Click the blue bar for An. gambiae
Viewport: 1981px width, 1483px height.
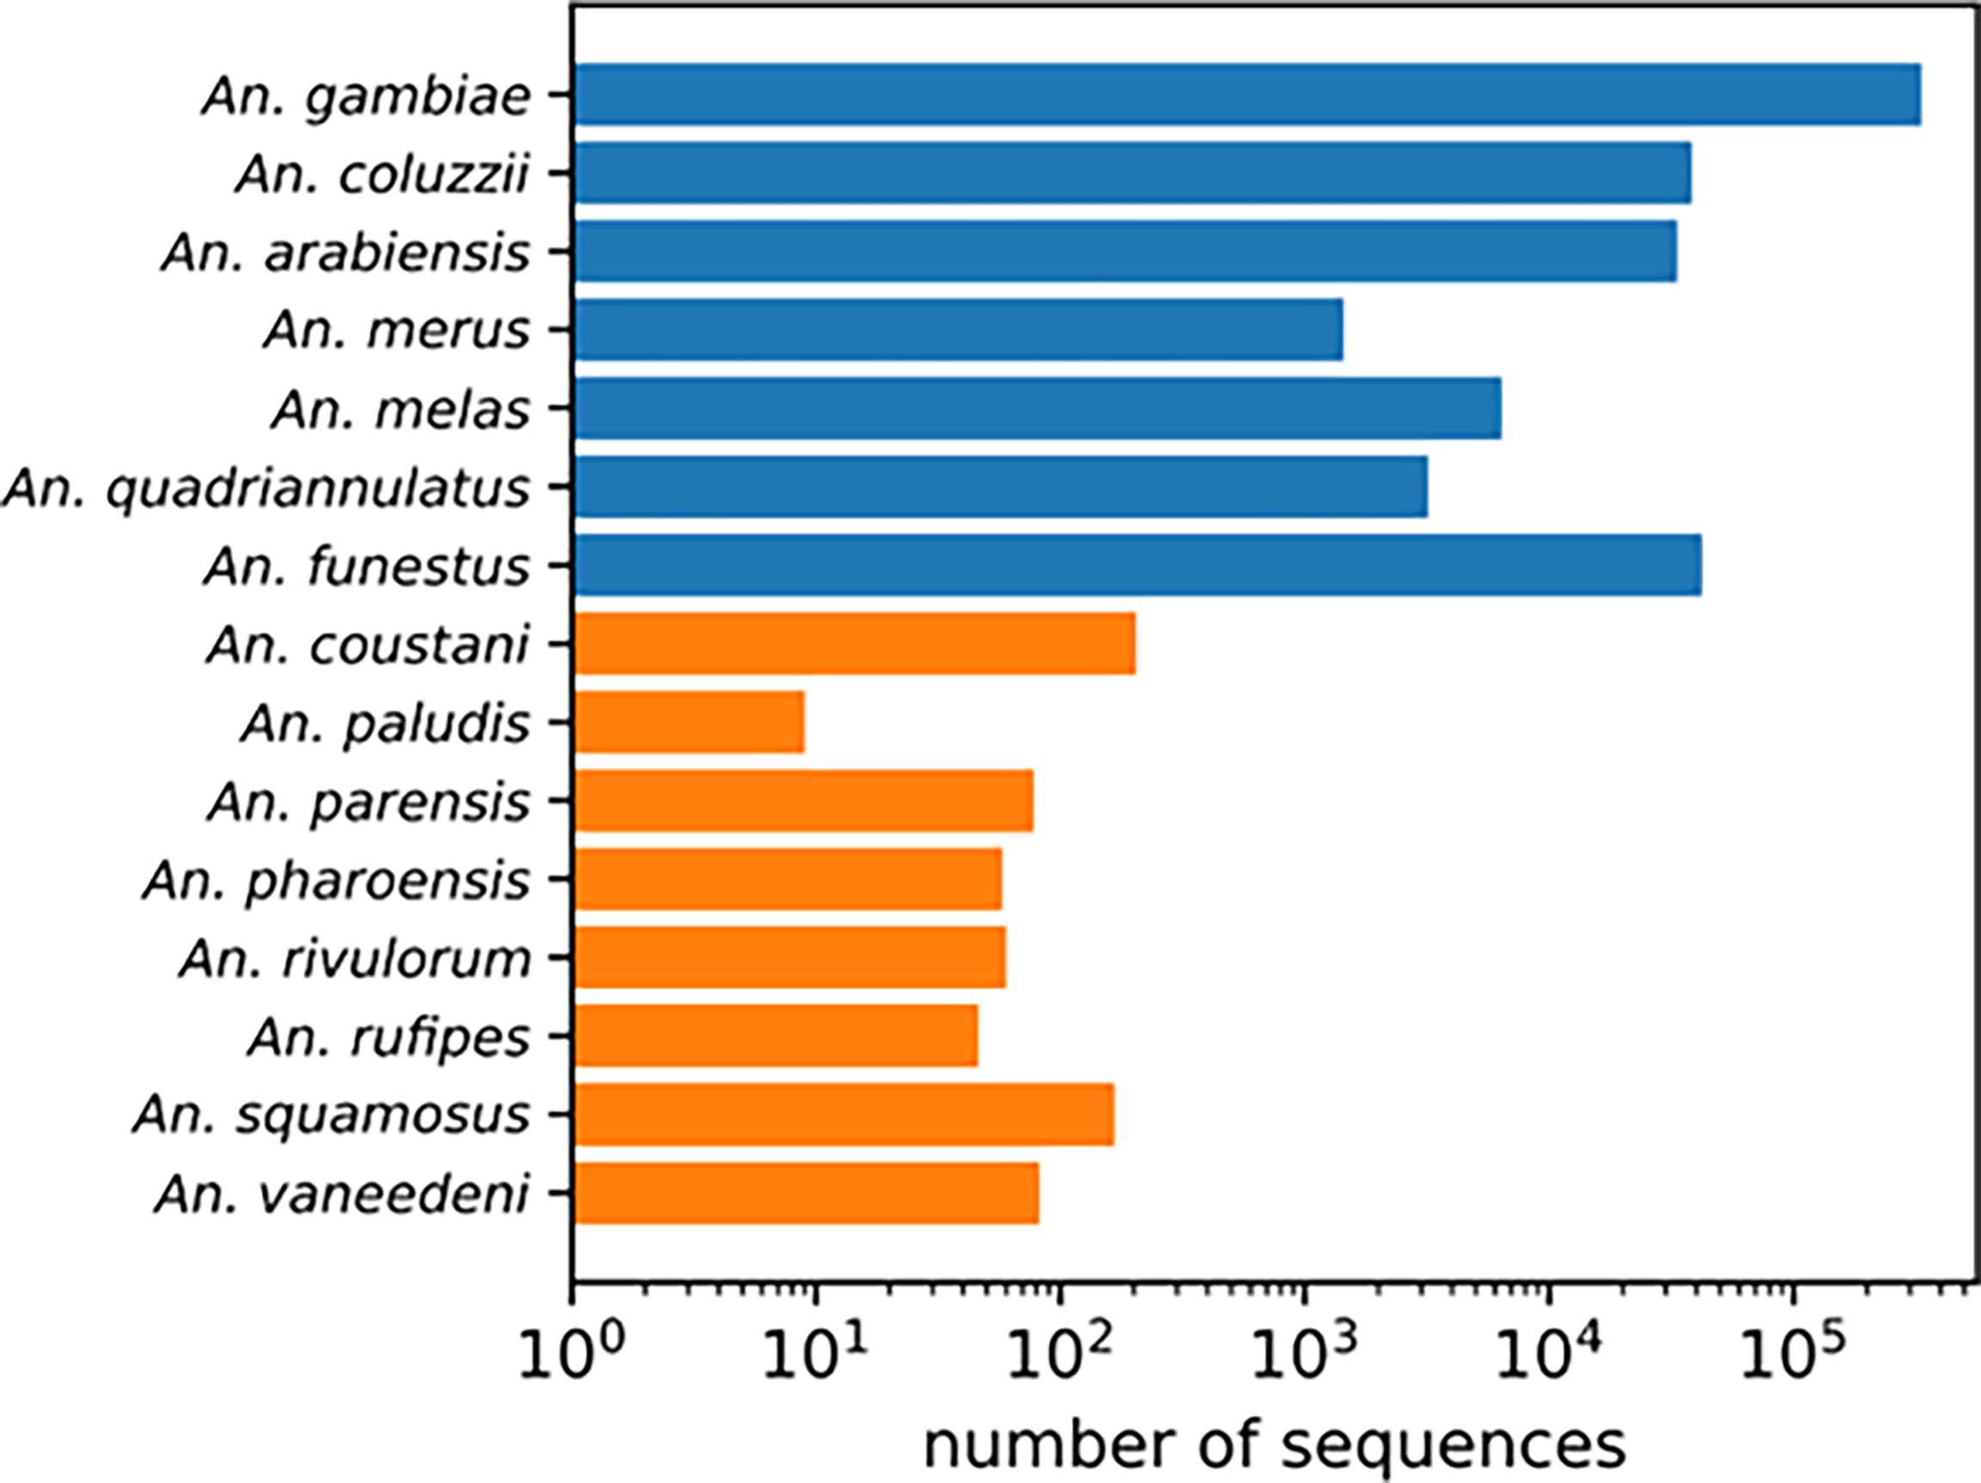tap(1246, 94)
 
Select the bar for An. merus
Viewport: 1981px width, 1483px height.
tap(958, 329)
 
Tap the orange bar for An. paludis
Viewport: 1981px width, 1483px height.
tap(690, 722)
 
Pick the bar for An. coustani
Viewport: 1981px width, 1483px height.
tap(855, 643)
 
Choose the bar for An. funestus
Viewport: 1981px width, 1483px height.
tap(1137, 565)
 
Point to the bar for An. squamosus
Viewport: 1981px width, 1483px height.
tap(845, 1114)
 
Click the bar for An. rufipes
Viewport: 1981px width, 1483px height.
tap(777, 1035)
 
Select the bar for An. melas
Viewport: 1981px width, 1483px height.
tap(1037, 409)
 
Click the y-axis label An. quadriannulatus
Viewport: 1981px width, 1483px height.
tap(267, 489)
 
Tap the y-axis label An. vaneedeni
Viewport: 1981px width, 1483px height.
tap(342, 1195)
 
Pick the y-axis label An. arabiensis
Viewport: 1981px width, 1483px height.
tap(346, 254)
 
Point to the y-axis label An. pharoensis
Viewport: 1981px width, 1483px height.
tap(336, 881)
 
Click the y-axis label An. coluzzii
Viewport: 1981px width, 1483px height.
tap(384, 175)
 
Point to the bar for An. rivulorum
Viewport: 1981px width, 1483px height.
tap(790, 957)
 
